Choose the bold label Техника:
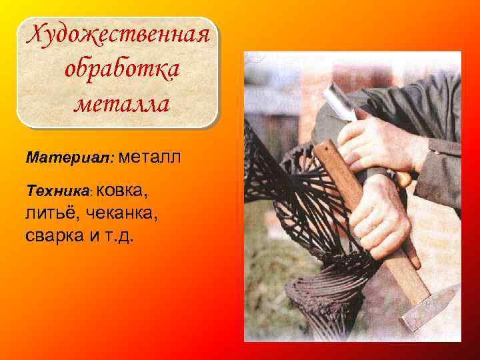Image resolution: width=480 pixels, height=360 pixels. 59,191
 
